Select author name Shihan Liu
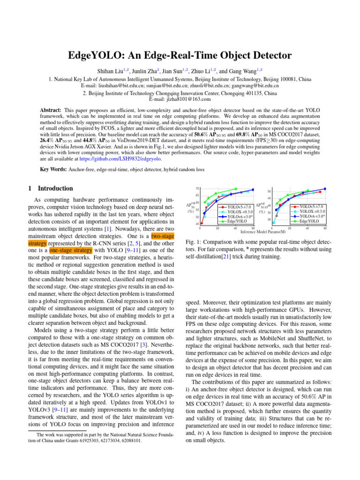pyautogui.click(x=112, y=71)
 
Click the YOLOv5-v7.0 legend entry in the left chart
pyautogui.click(x=239, y=207)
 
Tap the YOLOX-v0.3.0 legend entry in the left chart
pyautogui.click(x=240, y=211)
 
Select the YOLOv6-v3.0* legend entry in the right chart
pyautogui.click(x=312, y=216)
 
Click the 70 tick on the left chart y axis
pyautogui.click(x=198, y=188)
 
